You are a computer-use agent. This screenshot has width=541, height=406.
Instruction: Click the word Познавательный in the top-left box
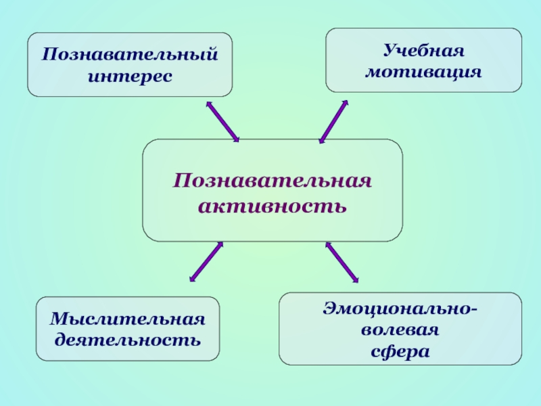pyautogui.click(x=130, y=54)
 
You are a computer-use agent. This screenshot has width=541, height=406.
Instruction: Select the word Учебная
pyautogui.click(x=424, y=51)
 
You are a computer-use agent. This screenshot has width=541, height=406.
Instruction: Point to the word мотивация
pyautogui.click(x=424, y=70)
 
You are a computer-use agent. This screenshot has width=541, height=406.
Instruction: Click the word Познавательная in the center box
pyautogui.click(x=273, y=181)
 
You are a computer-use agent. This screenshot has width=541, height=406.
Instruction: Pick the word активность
pyautogui.click(x=273, y=203)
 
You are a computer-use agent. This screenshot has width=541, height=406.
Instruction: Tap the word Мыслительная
pyautogui.click(x=128, y=319)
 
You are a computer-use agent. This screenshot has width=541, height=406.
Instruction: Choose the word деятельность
pyautogui.click(x=128, y=338)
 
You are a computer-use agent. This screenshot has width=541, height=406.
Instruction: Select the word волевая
pyautogui.click(x=400, y=332)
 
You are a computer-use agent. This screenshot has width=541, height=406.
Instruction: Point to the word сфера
pyautogui.click(x=400, y=352)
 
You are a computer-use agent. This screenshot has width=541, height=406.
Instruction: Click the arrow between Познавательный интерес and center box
pyautogui.click(x=222, y=122)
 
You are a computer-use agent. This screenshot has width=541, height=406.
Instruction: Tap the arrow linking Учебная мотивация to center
pyautogui.click(x=333, y=122)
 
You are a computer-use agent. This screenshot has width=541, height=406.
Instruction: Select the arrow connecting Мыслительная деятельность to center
pyautogui.click(x=206, y=261)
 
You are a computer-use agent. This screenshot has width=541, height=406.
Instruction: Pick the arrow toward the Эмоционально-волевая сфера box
pyautogui.click(x=342, y=261)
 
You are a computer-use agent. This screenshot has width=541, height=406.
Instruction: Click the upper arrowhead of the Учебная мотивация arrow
pyautogui.click(x=345, y=104)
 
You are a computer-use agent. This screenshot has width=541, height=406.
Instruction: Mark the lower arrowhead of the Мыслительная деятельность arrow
pyautogui.click(x=193, y=277)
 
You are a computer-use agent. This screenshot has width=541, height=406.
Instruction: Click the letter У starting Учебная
pyautogui.click(x=390, y=51)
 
